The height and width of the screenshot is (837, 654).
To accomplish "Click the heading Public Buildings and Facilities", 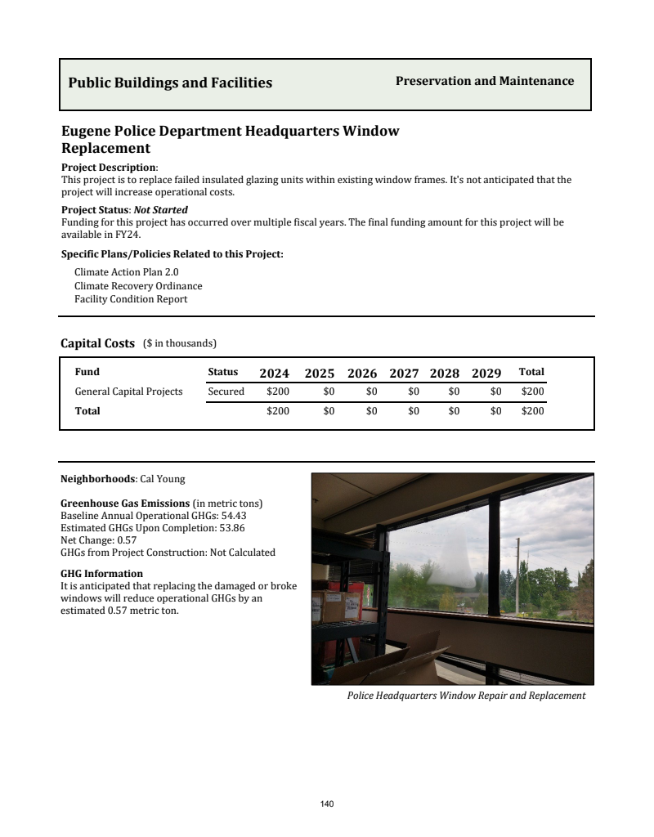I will tap(170, 83).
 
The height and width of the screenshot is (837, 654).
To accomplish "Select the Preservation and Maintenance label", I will tap(484, 81).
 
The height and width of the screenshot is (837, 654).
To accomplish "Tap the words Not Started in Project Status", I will tap(160, 210).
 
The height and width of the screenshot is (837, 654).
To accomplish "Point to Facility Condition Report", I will tap(131, 299).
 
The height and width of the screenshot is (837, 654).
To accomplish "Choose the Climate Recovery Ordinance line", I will tap(138, 286).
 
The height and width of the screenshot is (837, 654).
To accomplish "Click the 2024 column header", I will tap(274, 374).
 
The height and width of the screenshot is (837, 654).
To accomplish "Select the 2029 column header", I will tap(486, 374).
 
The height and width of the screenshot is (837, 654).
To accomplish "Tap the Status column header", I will tap(222, 372).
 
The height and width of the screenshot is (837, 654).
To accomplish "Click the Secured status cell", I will tap(226, 392).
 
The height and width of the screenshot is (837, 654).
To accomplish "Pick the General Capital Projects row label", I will tap(128, 392).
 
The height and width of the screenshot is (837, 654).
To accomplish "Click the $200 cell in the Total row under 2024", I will tap(278, 411).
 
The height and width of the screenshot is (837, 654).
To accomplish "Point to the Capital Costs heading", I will tap(97, 343).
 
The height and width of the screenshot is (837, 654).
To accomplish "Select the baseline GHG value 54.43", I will tap(234, 516).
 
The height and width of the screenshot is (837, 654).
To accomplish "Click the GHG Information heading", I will tap(101, 574).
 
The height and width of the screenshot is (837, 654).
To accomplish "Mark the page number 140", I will tap(327, 804).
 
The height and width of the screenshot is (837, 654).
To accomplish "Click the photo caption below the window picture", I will tap(466, 696).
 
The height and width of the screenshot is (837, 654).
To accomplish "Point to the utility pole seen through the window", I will tap(517, 572).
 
